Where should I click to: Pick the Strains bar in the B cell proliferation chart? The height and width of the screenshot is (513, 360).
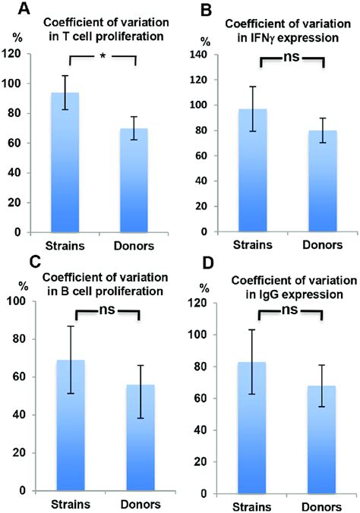[71, 425]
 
